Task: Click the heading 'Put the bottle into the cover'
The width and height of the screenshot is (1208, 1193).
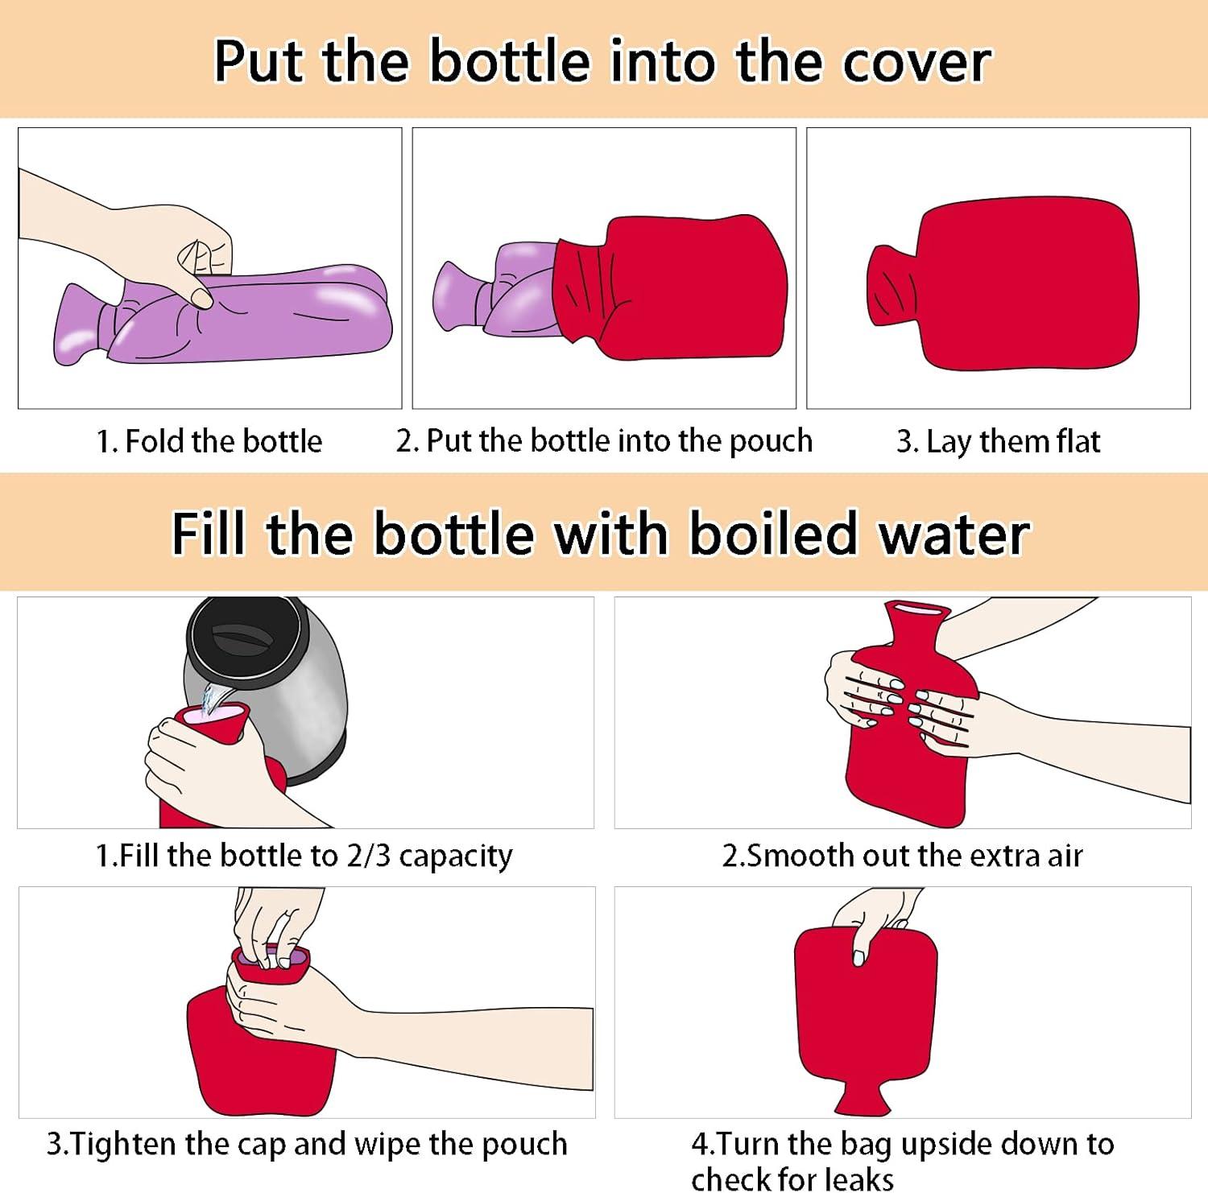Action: [602, 61]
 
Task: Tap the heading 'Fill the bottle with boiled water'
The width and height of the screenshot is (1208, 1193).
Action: [601, 534]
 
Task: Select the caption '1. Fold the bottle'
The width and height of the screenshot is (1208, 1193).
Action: [209, 441]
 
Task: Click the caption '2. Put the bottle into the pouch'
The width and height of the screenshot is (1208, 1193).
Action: [604, 441]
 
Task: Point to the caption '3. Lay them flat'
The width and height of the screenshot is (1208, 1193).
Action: [998, 442]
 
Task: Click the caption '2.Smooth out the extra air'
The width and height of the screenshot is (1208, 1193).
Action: [902, 855]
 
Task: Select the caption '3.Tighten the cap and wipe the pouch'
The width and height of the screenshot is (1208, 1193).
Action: [307, 1144]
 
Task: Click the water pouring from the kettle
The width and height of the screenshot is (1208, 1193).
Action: [214, 699]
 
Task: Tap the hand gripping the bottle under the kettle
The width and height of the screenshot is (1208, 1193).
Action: [193, 761]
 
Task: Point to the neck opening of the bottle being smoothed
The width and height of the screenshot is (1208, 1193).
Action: [913, 613]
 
